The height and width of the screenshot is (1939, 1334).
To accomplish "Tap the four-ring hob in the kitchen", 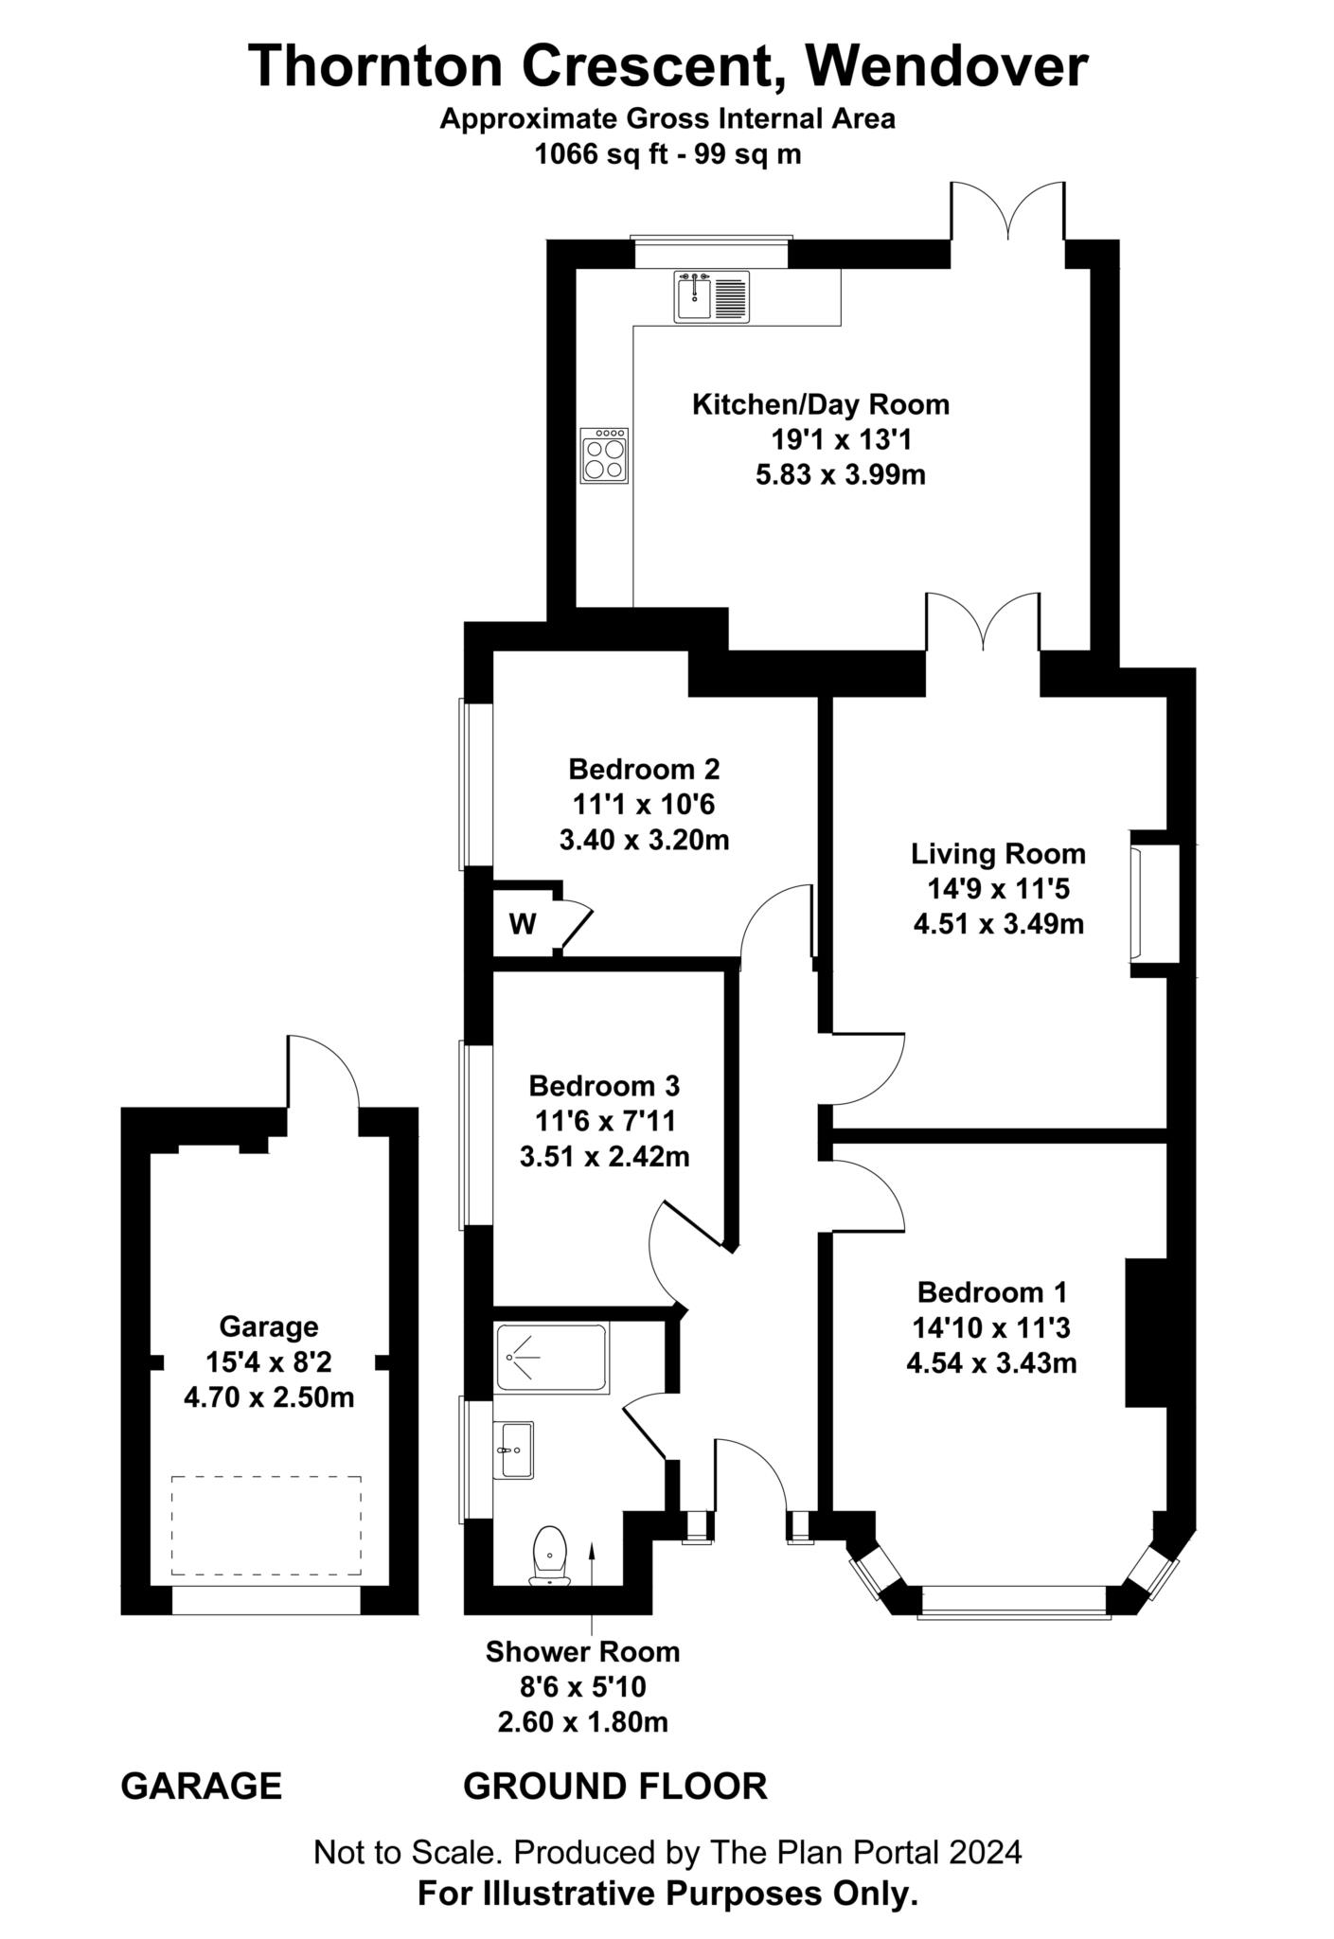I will click(x=605, y=455).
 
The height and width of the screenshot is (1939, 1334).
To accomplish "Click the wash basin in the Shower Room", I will click(x=515, y=1449).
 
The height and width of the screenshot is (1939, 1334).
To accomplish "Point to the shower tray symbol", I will click(x=550, y=1358).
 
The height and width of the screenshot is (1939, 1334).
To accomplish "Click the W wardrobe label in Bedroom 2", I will click(x=523, y=924).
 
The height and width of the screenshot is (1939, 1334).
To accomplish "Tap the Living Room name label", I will click(x=998, y=854).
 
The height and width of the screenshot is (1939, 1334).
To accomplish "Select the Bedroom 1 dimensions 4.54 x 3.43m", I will click(x=991, y=1363).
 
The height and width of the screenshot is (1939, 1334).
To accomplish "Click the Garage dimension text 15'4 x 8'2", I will click(x=269, y=1361).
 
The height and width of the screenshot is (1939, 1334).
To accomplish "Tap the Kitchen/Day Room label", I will click(x=821, y=404).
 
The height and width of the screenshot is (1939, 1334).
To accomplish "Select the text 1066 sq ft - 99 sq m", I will click(x=667, y=153).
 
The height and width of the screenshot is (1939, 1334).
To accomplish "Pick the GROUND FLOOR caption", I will click(x=614, y=1786).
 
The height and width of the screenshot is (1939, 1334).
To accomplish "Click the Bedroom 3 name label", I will click(x=604, y=1085).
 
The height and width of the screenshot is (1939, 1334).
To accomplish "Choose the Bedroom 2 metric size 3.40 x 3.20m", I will click(x=644, y=840).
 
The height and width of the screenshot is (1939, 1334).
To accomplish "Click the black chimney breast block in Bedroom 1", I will click(x=1146, y=1332).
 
